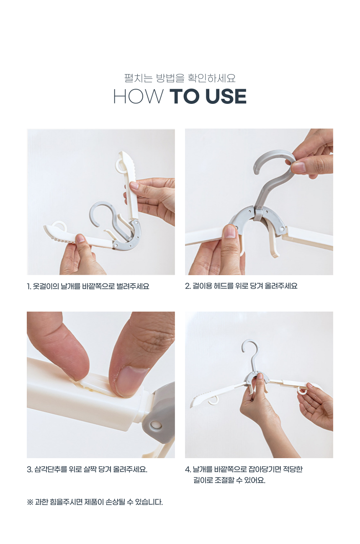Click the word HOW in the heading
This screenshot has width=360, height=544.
tap(138, 96)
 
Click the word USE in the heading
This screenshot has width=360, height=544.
tap(226, 96)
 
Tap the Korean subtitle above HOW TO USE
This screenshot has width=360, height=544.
tap(180, 78)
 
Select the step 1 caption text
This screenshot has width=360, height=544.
tap(88, 286)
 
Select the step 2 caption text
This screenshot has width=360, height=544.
tap(241, 286)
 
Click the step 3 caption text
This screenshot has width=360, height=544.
tap(87, 469)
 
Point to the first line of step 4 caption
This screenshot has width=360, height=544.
tap(244, 469)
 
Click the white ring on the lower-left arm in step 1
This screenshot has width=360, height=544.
tap(59, 225)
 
